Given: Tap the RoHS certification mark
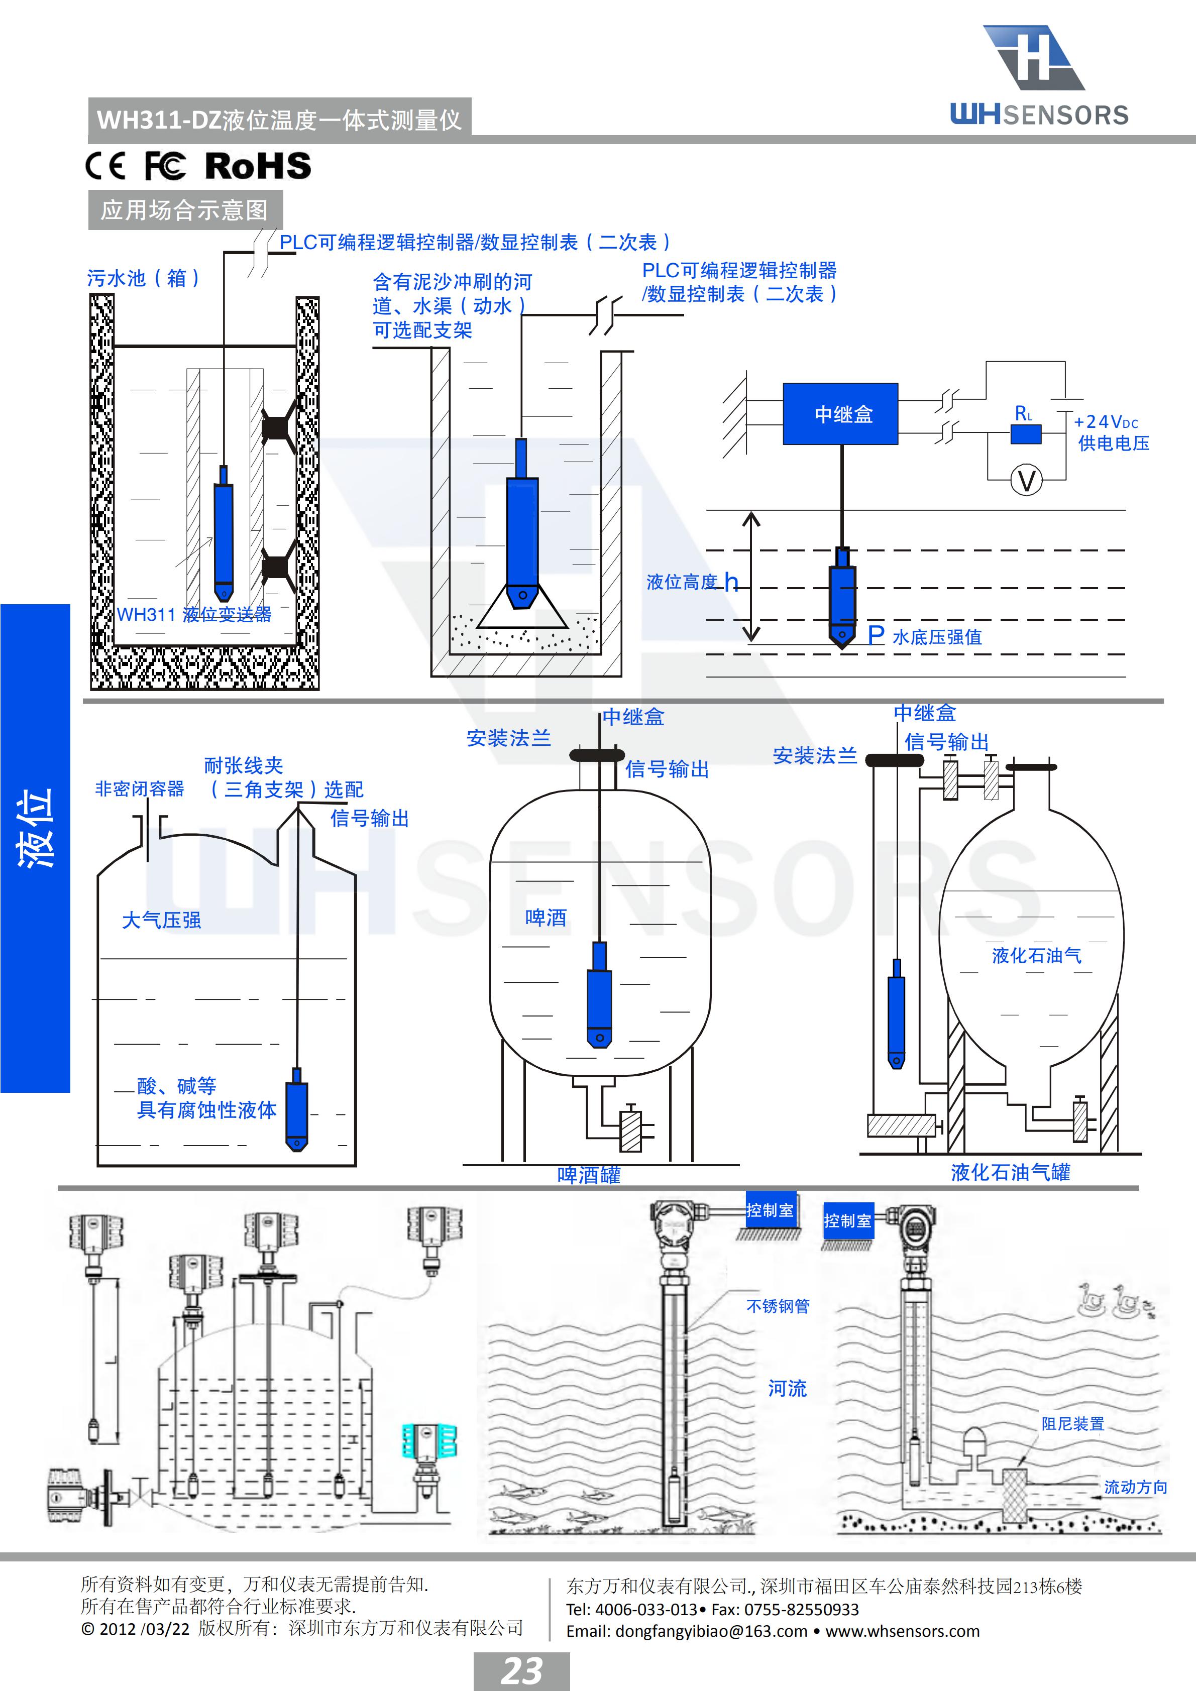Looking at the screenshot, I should pos(258,166).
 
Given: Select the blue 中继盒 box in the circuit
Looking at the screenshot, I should pos(840,413).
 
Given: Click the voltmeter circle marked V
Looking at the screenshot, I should pos(1026,481).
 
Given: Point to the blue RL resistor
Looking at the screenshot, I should pos(1025,434).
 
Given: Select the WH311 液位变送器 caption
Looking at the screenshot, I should pos(194,614).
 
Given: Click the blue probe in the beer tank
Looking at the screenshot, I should pos(599,998).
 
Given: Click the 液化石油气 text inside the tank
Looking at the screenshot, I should pos(1036,956).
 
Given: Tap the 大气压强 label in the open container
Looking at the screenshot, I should pos(161,920).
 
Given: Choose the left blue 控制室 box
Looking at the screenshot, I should pos(770,1210).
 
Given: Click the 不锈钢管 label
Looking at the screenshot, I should pos(778,1306).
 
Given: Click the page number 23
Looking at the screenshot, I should pos(521,1670).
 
